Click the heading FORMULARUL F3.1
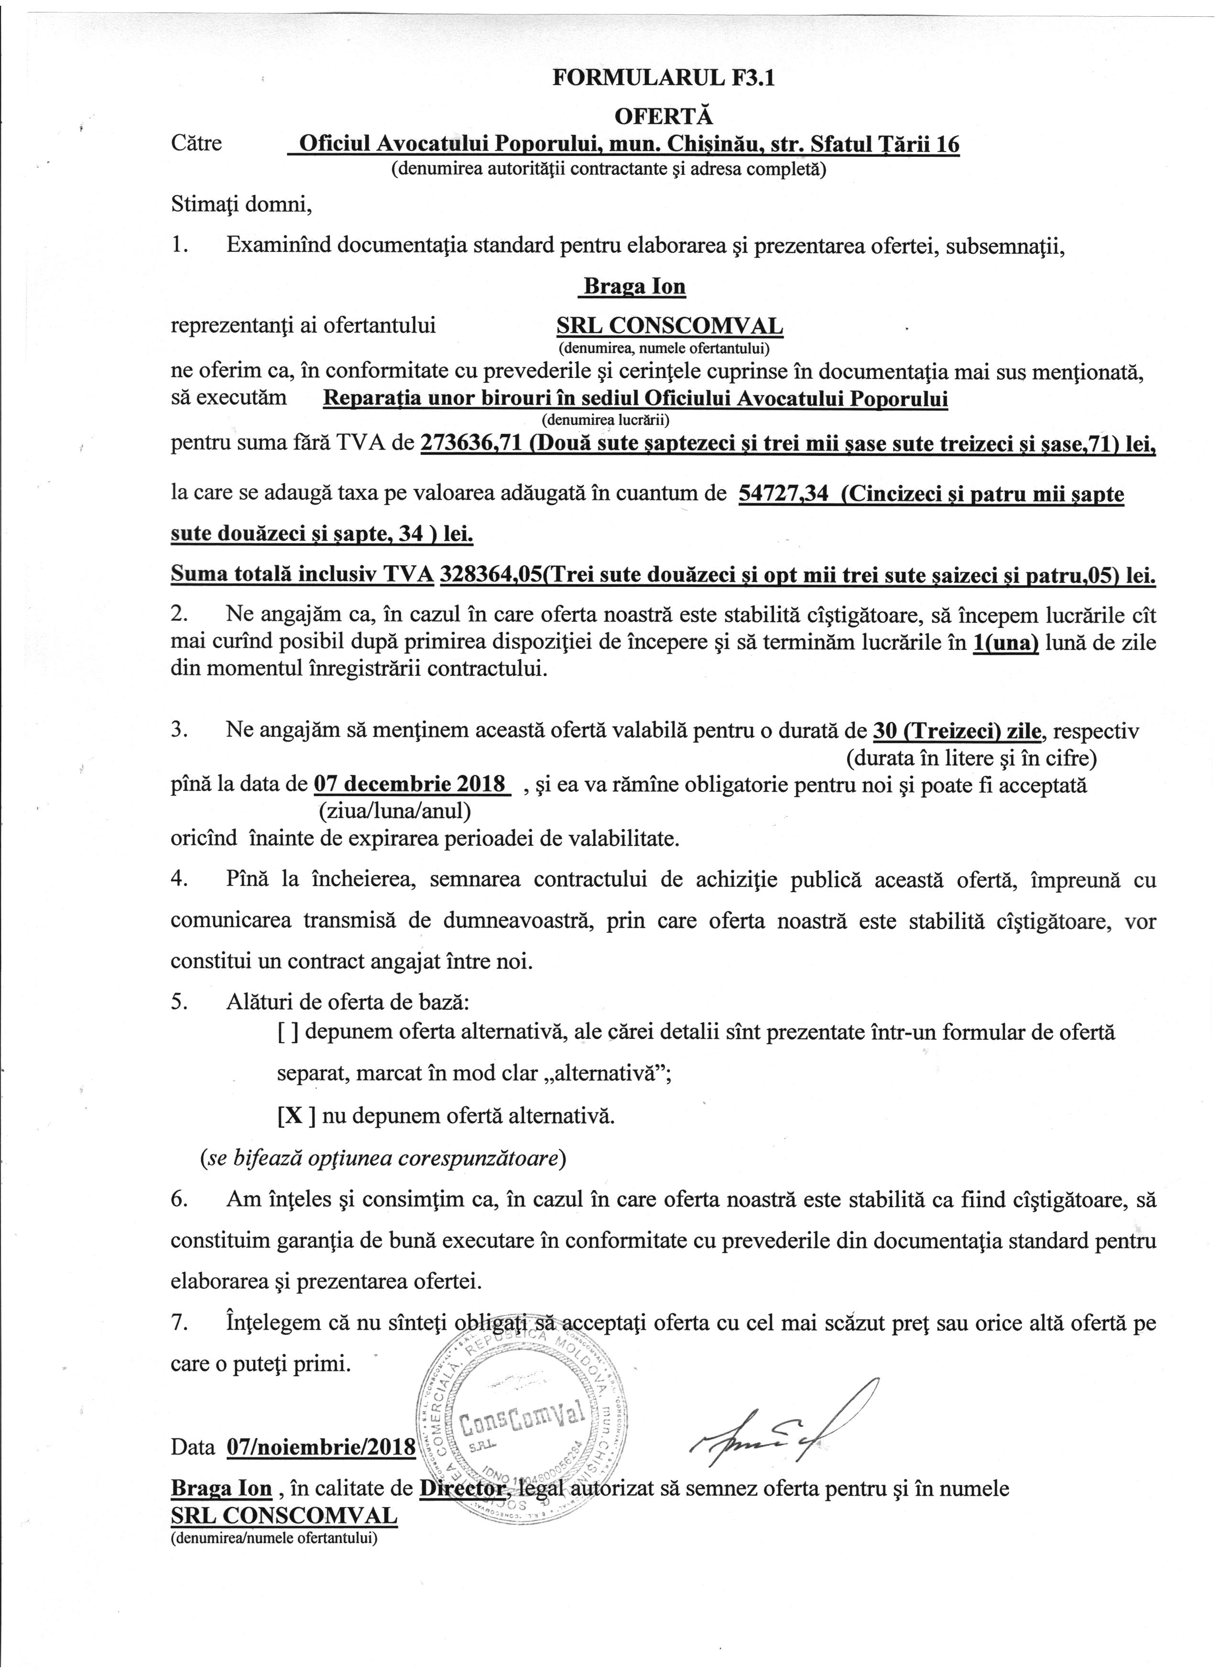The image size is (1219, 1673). point(664,80)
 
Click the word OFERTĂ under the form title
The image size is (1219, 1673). point(664,117)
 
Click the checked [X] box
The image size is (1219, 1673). point(296,1115)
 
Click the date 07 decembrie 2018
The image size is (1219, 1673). point(411,783)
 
